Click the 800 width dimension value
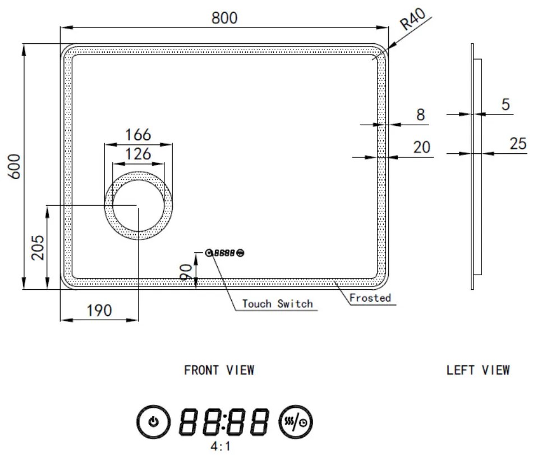(x=224, y=17)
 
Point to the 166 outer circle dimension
(x=138, y=135)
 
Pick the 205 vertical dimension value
(x=38, y=247)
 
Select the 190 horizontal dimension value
(x=99, y=310)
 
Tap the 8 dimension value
(x=420, y=115)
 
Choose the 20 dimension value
(x=421, y=147)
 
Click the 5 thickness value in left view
(x=506, y=105)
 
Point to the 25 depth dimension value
(x=518, y=144)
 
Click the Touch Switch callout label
(x=277, y=304)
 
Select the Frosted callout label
(x=370, y=298)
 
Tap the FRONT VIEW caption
(x=219, y=370)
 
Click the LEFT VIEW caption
(x=478, y=370)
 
